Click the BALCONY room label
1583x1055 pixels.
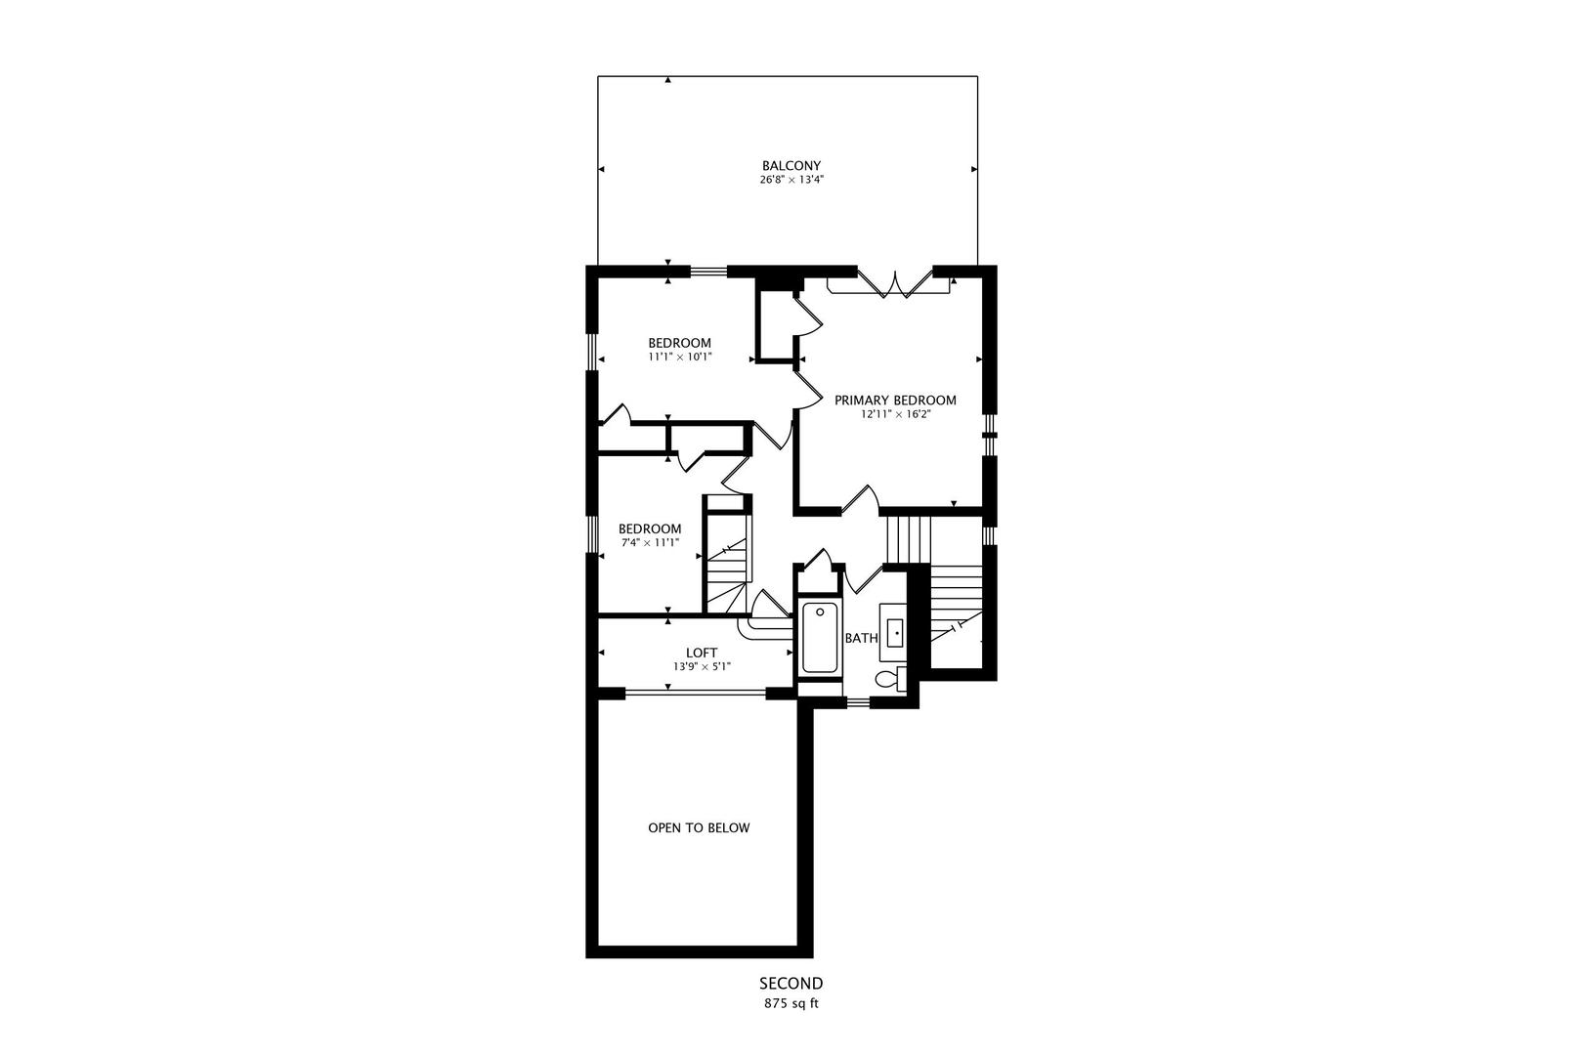(791, 166)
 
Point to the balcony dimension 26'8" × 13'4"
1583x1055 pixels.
(791, 180)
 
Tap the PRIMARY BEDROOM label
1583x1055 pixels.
(895, 401)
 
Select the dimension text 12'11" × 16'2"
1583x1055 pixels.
(895, 415)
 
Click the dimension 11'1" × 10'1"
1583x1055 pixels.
(680, 358)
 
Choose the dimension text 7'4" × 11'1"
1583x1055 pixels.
(650, 543)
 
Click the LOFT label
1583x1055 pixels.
(702, 653)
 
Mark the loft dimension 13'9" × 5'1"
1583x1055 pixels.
(702, 666)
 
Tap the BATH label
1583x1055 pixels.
(862, 638)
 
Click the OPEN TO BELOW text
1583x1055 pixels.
(699, 827)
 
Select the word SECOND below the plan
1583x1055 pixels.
(791, 984)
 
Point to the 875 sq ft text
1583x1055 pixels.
(791, 1003)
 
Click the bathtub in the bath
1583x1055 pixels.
(820, 637)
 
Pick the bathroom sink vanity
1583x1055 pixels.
(894, 632)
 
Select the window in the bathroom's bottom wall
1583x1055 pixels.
(858, 702)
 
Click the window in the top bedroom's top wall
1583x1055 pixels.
(708, 271)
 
